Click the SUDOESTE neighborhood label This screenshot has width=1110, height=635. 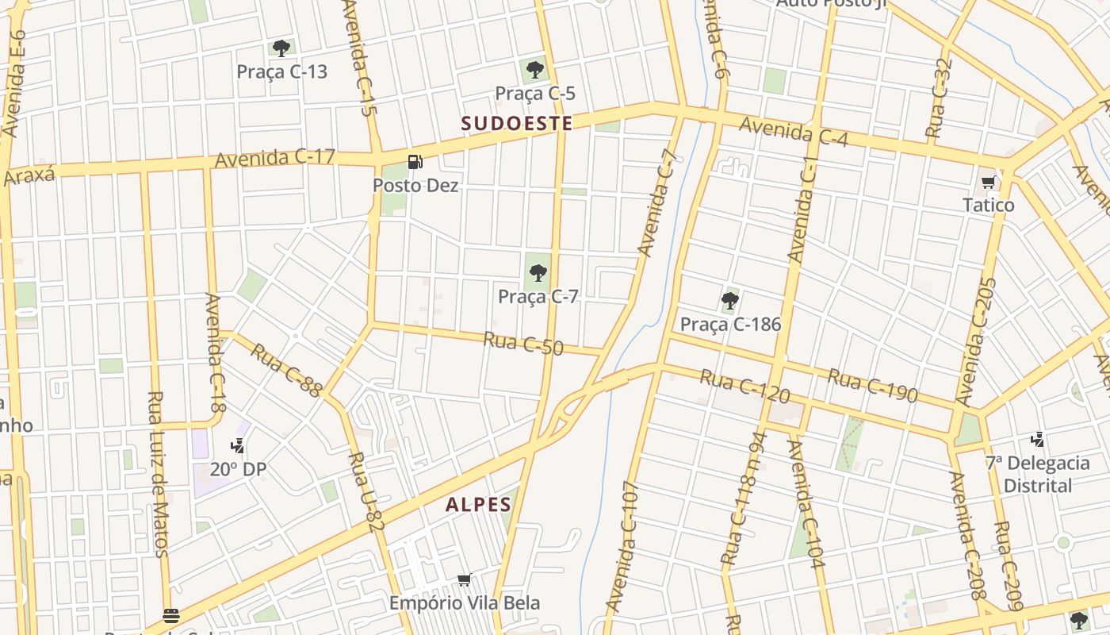coord(517,123)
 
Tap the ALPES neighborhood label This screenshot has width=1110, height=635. coord(478,504)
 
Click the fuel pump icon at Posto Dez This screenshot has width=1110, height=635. coord(415,163)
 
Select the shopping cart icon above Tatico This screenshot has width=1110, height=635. coord(988,183)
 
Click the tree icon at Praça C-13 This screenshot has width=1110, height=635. coord(281,48)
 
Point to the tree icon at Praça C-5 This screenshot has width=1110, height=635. coord(535,70)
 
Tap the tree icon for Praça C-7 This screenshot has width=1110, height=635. coord(538,274)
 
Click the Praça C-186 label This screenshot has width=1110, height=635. coord(730,324)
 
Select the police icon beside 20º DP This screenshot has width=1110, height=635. coord(238,447)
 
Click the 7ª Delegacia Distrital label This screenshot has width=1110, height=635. coord(1038,474)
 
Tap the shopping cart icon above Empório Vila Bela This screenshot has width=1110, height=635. coord(465,580)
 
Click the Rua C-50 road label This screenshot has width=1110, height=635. coord(523,344)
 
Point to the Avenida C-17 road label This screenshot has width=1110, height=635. coord(275,158)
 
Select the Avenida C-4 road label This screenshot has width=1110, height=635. coord(794,132)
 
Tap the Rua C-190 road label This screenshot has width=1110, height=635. coord(872,385)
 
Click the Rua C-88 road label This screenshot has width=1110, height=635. coord(287,370)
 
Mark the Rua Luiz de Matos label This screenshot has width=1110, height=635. coord(158,473)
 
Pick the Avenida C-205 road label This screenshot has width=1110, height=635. coord(977,341)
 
